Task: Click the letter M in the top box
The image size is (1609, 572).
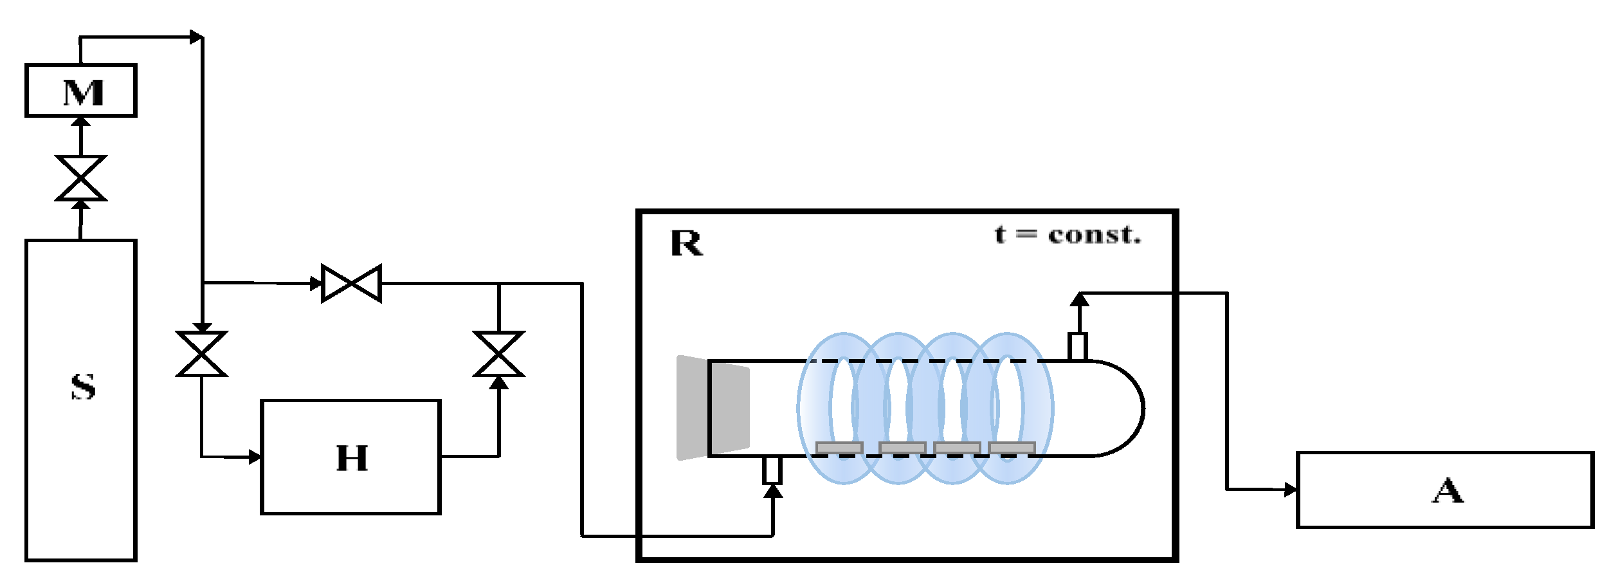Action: (83, 93)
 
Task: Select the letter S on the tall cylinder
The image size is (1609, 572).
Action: (83, 386)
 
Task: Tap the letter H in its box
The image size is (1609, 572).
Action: (352, 458)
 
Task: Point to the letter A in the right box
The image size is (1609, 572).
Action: (1447, 491)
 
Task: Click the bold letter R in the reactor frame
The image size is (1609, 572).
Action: (686, 243)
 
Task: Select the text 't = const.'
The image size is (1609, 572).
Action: (1067, 235)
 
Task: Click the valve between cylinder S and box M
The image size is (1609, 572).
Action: (81, 178)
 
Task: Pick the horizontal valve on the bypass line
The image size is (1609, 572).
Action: (351, 283)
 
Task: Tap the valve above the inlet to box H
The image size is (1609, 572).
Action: (201, 353)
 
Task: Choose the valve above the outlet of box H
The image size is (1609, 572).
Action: (498, 353)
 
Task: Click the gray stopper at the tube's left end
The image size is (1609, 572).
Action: (713, 408)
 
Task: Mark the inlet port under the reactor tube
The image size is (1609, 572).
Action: (772, 470)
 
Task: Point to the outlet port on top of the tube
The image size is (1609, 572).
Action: (1078, 346)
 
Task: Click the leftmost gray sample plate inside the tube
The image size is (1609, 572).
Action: (839, 447)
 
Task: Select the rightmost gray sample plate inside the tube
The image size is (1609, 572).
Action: (1012, 447)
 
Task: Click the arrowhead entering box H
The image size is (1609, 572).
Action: (255, 457)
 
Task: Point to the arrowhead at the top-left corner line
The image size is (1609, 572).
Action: (196, 37)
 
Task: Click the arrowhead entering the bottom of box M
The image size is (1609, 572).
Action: (81, 122)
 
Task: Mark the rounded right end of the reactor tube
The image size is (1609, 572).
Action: (1125, 409)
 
